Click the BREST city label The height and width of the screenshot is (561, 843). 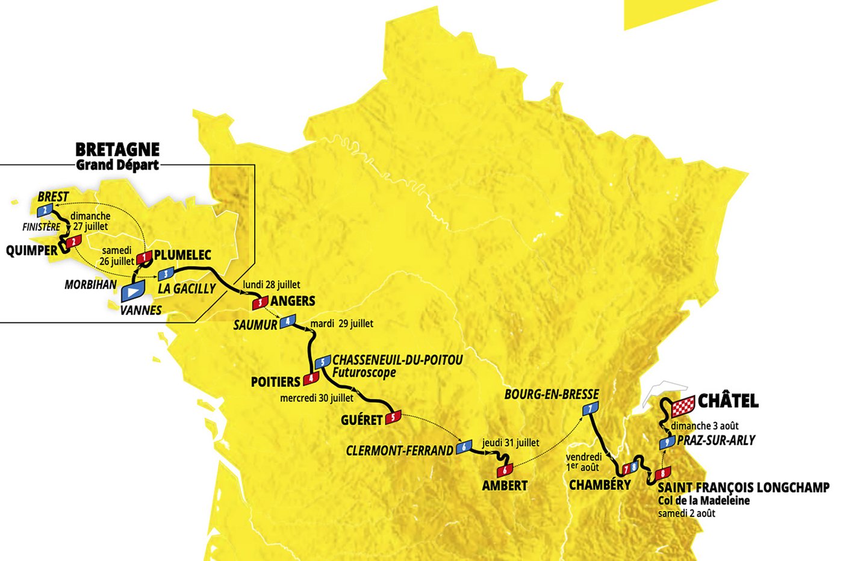[53, 197]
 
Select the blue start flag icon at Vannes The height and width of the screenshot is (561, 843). [132, 291]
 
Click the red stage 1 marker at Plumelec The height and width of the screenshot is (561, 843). [145, 258]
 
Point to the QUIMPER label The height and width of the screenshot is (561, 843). [31, 250]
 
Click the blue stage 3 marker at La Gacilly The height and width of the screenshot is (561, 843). [165, 274]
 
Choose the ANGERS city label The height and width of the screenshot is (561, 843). [293, 301]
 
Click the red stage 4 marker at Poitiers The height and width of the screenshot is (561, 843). [311, 379]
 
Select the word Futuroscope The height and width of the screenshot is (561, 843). [364, 373]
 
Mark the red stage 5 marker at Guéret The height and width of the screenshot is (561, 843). [393, 417]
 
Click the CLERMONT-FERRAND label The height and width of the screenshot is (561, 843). [399, 450]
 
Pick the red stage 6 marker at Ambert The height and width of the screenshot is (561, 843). [505, 471]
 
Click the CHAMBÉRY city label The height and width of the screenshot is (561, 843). [600, 485]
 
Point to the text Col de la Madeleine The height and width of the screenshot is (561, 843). [703, 500]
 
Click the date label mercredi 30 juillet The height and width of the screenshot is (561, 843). [317, 398]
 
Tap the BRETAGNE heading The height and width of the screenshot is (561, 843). [117, 149]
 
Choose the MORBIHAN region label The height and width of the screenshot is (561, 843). [90, 285]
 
